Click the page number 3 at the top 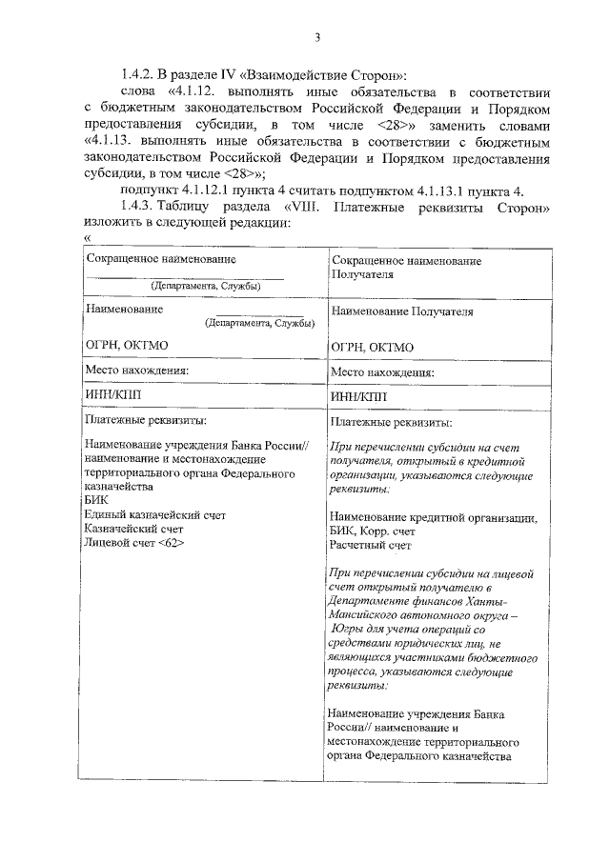[x=317, y=37]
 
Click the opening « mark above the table [x=87, y=238]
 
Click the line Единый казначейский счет [x=154, y=513]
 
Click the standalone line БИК [x=96, y=499]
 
